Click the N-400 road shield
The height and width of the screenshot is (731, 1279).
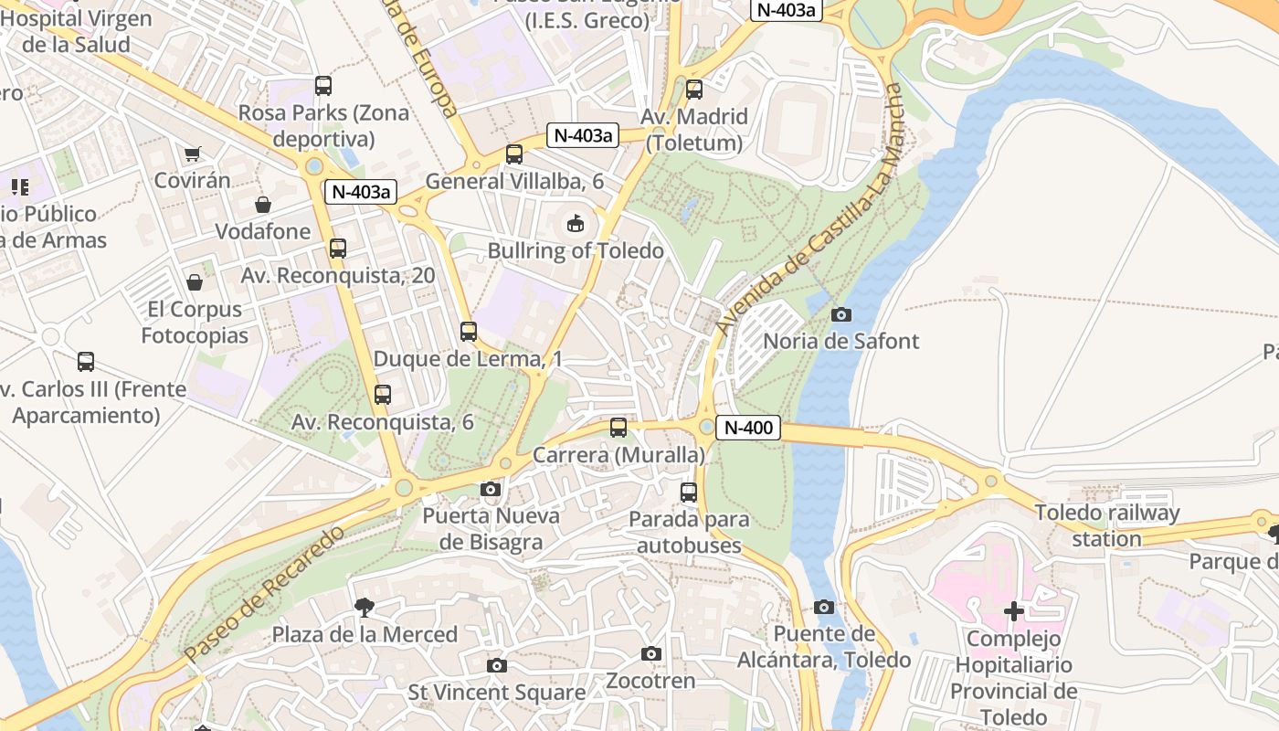pos(748,427)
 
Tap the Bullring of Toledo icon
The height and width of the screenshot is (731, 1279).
pos(576,223)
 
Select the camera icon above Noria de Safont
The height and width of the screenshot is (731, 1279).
pos(841,314)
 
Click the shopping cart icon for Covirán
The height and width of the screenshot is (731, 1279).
pos(192,154)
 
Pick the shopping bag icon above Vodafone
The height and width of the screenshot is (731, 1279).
pos(263,205)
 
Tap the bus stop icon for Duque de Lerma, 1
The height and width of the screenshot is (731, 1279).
pos(469,332)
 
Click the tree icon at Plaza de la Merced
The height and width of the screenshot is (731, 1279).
pos(365,608)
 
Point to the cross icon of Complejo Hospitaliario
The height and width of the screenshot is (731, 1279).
pos(1014,611)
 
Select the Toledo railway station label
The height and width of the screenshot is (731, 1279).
pos(1106,525)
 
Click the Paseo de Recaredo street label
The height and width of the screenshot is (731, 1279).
pos(265,594)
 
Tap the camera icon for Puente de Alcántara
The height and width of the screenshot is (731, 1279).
pos(824,608)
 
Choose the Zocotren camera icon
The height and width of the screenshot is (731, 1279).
pos(651,654)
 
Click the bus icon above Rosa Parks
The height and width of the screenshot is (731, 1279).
pos(323,86)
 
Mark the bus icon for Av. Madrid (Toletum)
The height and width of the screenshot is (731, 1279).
pos(694,90)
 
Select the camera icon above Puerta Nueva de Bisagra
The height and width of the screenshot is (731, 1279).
pos(491,490)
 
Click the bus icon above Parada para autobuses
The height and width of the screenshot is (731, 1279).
pos(689,493)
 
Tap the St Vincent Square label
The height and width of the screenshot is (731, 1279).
pos(496,693)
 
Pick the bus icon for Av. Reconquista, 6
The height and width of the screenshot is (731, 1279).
pos(383,395)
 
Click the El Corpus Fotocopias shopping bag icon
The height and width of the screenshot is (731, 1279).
pos(194,282)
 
